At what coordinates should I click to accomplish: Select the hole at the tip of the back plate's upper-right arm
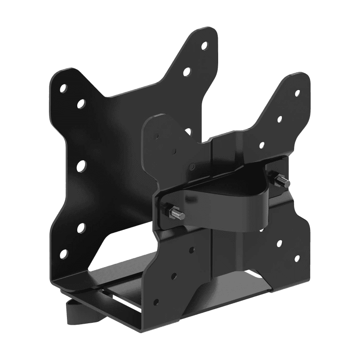[x=204, y=46]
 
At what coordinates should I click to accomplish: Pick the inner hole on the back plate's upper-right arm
[x=187, y=72]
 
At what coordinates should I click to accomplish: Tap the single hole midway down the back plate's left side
[x=81, y=165]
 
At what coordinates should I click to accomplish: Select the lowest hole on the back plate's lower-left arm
[x=63, y=254]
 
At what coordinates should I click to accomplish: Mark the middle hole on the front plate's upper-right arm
[x=279, y=119]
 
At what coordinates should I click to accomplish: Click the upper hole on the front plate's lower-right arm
[x=279, y=244]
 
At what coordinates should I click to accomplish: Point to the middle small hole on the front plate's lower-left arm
[x=174, y=275]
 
